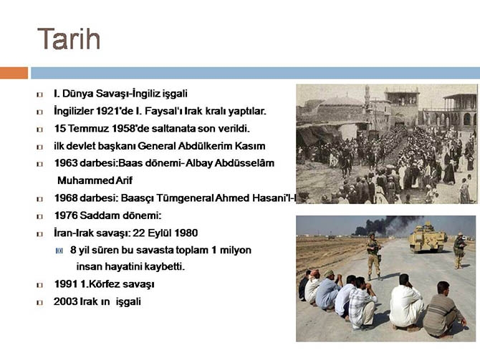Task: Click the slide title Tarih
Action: tap(69, 39)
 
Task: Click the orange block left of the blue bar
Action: tap(14, 73)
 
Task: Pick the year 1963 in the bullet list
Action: tap(66, 163)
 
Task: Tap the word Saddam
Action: tap(102, 215)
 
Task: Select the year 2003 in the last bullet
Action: tap(66, 301)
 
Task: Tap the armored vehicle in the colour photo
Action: tap(428, 238)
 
